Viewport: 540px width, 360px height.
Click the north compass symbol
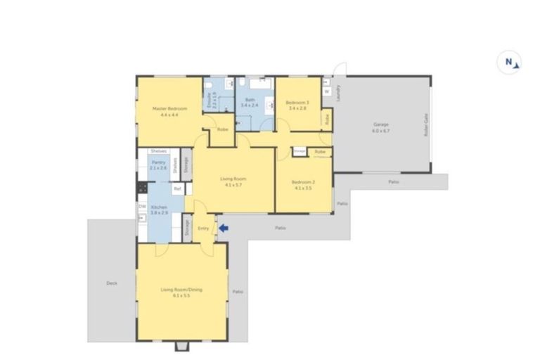[x=509, y=62]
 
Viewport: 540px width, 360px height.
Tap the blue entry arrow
[x=224, y=228]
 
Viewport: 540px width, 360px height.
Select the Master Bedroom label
[x=170, y=108]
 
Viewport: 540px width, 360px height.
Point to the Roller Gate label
[x=426, y=127]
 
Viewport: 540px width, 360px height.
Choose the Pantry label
[x=157, y=162]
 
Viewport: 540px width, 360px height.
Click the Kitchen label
[x=158, y=207]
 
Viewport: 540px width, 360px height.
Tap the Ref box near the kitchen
[x=177, y=188]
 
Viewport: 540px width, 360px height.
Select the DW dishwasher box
[x=142, y=207]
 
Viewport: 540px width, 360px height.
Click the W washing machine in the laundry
[x=327, y=91]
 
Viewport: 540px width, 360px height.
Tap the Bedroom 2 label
[x=302, y=182]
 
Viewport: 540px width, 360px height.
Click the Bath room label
[x=250, y=100]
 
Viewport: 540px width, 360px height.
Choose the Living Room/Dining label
[x=176, y=290]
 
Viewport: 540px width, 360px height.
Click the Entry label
[x=203, y=228]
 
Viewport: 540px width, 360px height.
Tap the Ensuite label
[x=209, y=99]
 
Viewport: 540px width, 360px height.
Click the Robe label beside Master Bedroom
[x=221, y=129]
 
